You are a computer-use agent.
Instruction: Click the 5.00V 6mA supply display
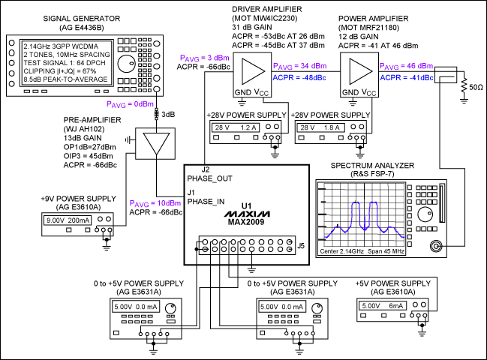tap(385, 307)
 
